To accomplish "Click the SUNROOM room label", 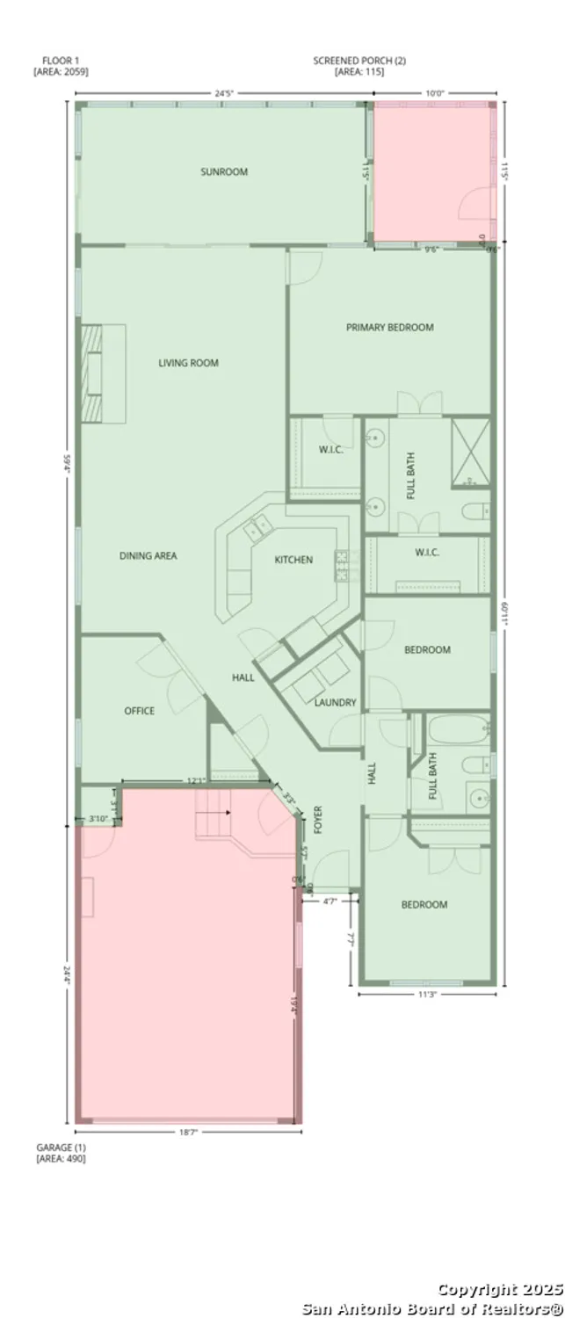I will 223,172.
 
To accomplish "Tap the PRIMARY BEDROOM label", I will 389,328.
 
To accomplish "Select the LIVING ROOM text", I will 188,363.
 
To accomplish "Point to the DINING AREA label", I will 148,556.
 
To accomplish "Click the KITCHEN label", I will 293,560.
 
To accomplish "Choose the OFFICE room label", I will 139,711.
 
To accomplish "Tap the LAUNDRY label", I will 335,702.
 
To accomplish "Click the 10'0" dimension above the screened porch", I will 435,92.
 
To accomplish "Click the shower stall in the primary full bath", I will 470,453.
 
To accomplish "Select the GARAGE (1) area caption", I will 61,1153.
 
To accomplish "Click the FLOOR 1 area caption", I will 61,66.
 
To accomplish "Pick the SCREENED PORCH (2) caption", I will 359,66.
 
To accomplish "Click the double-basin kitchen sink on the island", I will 259,527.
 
